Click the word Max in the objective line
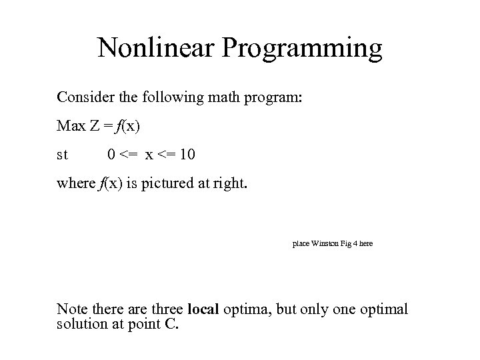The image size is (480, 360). [x=70, y=126]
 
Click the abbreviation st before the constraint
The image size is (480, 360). [x=62, y=155]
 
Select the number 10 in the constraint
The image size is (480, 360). [x=187, y=155]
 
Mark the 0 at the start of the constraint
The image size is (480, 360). [x=112, y=155]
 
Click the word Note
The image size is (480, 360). [x=71, y=309]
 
